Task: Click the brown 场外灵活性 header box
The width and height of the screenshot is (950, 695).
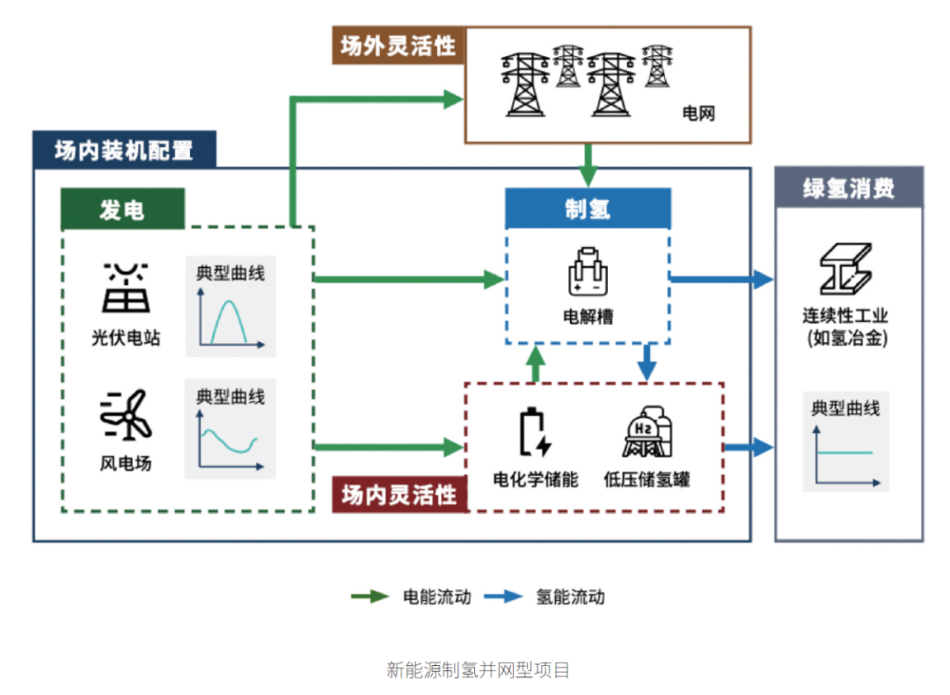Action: coord(398,46)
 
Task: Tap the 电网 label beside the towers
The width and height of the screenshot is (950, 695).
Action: coord(699,113)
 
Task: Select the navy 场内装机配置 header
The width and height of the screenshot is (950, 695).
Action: coord(123,150)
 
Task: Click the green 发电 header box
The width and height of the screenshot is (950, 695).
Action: coord(122,209)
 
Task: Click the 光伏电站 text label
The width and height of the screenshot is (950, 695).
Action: coord(126,337)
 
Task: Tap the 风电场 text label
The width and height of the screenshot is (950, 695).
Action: coord(126,462)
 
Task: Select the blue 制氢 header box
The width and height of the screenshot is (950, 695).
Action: coord(588,208)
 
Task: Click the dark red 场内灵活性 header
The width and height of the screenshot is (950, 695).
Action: coord(399,494)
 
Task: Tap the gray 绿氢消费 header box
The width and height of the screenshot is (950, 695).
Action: coord(848,187)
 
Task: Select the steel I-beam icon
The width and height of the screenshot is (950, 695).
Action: coord(844,268)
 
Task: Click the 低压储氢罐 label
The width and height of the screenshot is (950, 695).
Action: coord(647,479)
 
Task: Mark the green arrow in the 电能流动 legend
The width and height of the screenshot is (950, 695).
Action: coord(369,596)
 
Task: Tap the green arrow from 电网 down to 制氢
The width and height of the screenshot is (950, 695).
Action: coord(588,164)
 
